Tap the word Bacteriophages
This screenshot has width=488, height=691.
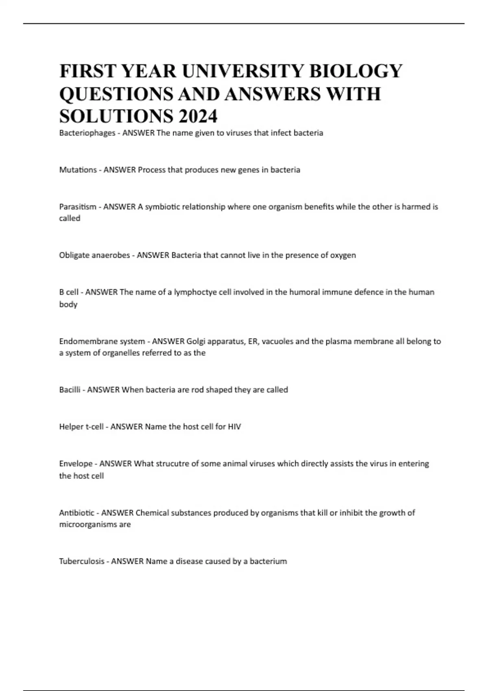click(x=87, y=133)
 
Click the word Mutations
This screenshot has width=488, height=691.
click(x=78, y=170)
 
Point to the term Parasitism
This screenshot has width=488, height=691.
click(x=78, y=207)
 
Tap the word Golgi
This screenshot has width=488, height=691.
click(x=195, y=341)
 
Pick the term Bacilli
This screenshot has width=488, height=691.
click(x=70, y=390)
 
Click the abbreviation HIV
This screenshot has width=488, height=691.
click(x=234, y=427)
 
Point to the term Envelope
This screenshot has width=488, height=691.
click(x=76, y=464)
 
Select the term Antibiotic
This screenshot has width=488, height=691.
click(x=76, y=513)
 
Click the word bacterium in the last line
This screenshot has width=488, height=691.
click(x=268, y=561)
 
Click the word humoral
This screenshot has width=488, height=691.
click(x=305, y=292)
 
